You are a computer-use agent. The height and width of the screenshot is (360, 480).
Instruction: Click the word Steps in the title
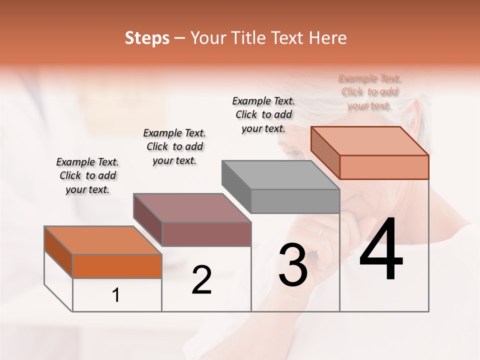pyautogui.click(x=147, y=38)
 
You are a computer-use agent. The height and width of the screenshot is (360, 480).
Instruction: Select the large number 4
pyautogui.click(x=381, y=249)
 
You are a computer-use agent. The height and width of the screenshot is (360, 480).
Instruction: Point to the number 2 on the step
pyautogui.click(x=201, y=280)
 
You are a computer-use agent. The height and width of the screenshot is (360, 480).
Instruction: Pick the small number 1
pyautogui.click(x=116, y=295)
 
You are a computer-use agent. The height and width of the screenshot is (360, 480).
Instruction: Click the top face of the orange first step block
pyautogui.click(x=102, y=240)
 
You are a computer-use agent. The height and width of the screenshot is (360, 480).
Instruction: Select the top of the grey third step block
pyautogui.click(x=280, y=175)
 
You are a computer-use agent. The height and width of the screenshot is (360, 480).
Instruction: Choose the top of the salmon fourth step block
pyautogui.click(x=369, y=141)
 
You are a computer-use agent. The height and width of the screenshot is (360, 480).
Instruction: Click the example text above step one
pyautogui.click(x=87, y=175)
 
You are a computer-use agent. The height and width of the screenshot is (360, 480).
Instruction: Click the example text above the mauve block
pyautogui.click(x=174, y=146)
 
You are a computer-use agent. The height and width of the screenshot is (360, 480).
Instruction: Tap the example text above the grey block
pyautogui.click(x=263, y=114)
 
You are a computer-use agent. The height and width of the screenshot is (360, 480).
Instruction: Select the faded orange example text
pyautogui.click(x=369, y=92)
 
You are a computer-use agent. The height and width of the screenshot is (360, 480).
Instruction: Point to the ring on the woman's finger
pyautogui.click(x=322, y=231)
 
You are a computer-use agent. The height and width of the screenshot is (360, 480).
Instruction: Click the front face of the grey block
pyautogui.click(x=295, y=201)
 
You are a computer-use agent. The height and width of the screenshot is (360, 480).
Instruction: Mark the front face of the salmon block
pyautogui.click(x=384, y=167)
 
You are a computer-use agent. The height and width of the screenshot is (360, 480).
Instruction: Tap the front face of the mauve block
pyautogui.click(x=206, y=234)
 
